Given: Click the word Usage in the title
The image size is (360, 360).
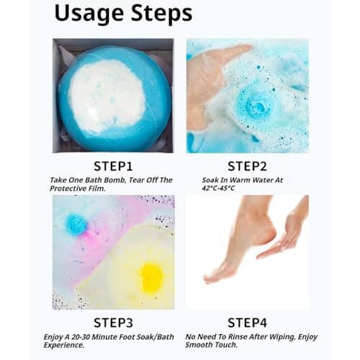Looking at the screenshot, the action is [x=89, y=14].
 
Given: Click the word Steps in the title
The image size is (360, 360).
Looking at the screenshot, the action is [x=162, y=12].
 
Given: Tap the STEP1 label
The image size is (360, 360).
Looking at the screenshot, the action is [x=113, y=166].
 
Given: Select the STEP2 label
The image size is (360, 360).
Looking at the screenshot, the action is [x=247, y=166].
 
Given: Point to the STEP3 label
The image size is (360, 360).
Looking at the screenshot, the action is [x=113, y=323].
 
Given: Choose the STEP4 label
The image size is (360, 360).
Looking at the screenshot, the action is [x=247, y=323].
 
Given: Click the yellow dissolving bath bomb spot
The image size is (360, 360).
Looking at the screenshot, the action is [x=151, y=277].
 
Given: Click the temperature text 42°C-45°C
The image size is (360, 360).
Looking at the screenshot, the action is [x=218, y=188].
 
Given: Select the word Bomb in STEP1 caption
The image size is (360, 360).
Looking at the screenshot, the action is [x=113, y=180].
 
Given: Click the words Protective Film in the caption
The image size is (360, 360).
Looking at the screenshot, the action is [x=78, y=189].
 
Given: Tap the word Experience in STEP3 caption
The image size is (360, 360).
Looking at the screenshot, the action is [x=64, y=345].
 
